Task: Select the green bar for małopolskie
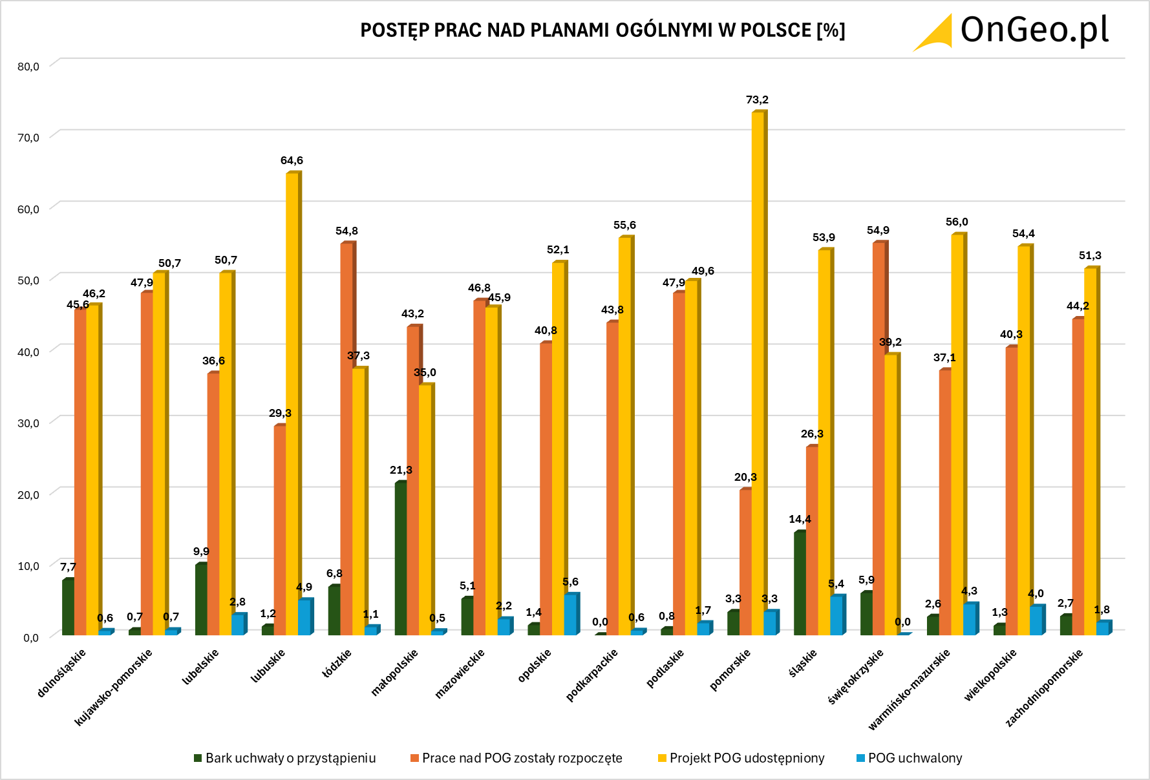pyautogui.click(x=401, y=559)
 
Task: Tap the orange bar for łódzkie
pyautogui.click(x=347, y=439)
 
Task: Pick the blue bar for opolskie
pyautogui.click(x=570, y=615)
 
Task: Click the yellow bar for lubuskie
pyautogui.click(x=292, y=404)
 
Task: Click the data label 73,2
pyautogui.click(x=757, y=100)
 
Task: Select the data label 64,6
pyautogui.click(x=292, y=160)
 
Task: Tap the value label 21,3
pyautogui.click(x=401, y=470)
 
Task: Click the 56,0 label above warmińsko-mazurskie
pyautogui.click(x=957, y=222)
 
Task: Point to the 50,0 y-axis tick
pyautogui.click(x=28, y=280)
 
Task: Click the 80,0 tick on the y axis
pyautogui.click(x=28, y=67)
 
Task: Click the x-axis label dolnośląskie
pyautogui.click(x=61, y=673)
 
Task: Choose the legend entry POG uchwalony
pyautogui.click(x=915, y=758)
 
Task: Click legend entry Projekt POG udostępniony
pyautogui.click(x=747, y=758)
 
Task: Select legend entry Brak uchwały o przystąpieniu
pyautogui.click(x=290, y=758)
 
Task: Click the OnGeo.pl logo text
pyautogui.click(x=1034, y=30)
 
